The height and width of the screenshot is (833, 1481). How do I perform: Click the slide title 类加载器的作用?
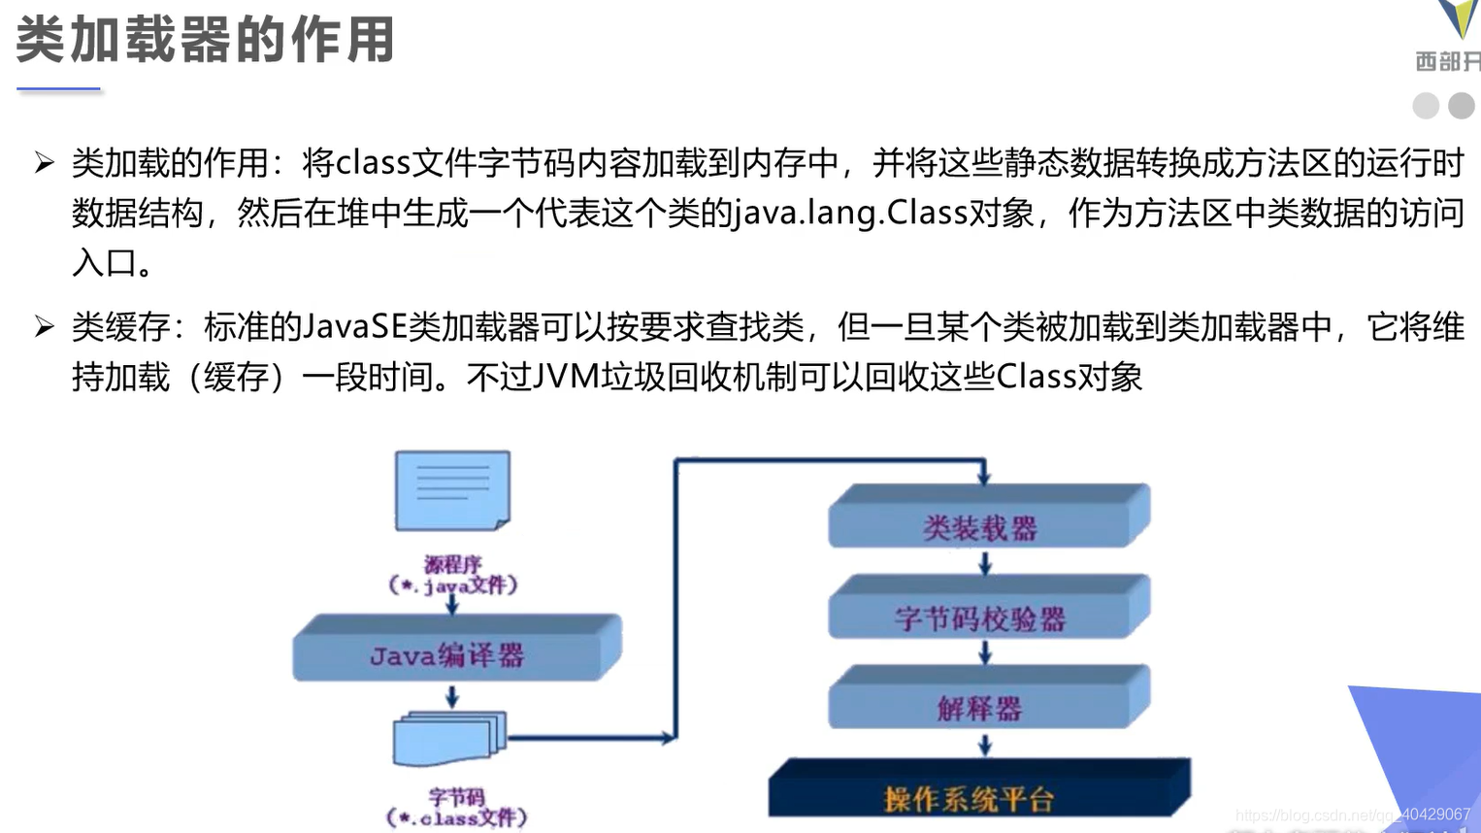coord(205,41)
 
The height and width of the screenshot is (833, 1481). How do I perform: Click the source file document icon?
coord(452,490)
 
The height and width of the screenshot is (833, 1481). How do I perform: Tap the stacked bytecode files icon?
coord(449,739)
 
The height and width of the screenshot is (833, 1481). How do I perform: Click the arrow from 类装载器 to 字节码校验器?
coord(985,563)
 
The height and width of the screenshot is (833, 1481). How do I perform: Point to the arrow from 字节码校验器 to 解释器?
coord(985,653)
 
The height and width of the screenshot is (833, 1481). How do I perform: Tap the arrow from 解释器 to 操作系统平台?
coord(985,745)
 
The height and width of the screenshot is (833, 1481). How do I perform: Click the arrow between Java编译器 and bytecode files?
coord(452,696)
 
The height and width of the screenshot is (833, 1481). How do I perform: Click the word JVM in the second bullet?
coord(566,377)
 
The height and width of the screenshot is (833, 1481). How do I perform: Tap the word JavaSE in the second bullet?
coord(354,327)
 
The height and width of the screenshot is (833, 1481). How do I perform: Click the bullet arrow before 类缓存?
coord(44,326)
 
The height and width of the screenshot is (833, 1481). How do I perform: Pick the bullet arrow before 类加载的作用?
coord(44,162)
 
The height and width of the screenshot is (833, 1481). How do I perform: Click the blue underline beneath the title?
coord(58,89)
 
